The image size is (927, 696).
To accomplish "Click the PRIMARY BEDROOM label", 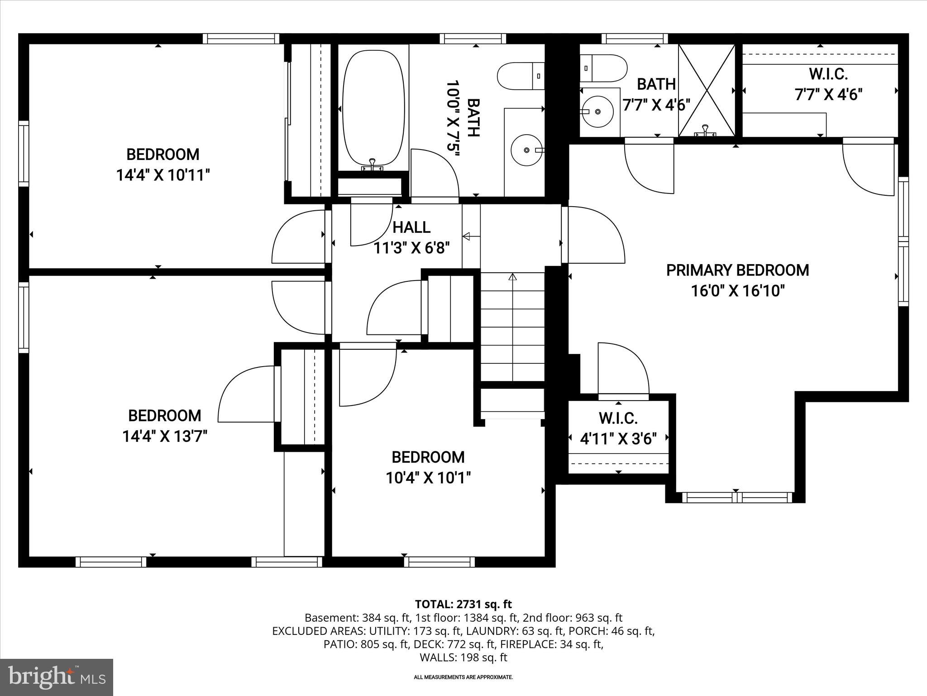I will coord(737,270).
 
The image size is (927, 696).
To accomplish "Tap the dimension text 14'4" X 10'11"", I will coord(163,175).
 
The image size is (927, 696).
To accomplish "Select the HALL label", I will coord(411,227).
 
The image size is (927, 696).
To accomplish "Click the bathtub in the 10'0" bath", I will coord(373,109).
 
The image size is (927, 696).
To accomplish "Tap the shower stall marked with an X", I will coord(707,90).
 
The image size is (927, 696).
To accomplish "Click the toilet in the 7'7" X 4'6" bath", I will coord(603,68).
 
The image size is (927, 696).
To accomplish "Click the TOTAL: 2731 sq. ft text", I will coord(463,604).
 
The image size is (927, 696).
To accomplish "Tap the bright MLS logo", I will coord(57,677).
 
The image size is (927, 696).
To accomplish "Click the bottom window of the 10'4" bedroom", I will coord(439,562).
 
